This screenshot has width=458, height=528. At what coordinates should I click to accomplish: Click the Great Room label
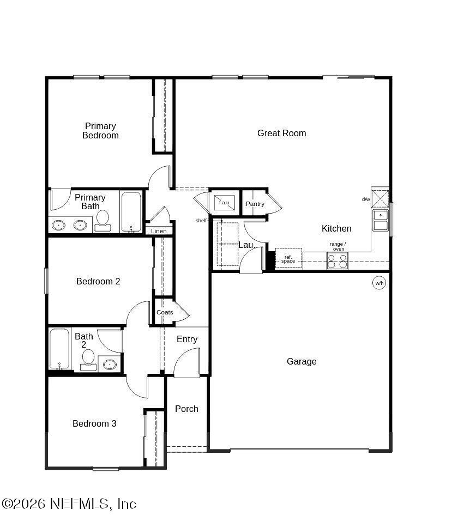(x=281, y=133)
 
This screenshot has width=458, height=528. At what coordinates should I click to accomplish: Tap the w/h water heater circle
(x=379, y=283)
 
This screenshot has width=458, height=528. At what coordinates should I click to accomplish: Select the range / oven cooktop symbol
(x=338, y=262)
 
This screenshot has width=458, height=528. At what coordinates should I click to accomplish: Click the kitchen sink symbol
(x=381, y=220)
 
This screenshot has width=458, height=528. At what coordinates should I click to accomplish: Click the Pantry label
(x=255, y=204)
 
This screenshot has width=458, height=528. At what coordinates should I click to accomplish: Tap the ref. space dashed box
(x=288, y=259)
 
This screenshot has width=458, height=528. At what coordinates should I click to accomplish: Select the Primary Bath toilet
(x=102, y=221)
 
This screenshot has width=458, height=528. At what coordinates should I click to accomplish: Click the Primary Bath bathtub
(x=131, y=212)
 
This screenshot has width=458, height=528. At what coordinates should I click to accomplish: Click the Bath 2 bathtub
(x=59, y=349)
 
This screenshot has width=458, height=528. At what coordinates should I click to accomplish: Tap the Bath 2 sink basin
(x=110, y=364)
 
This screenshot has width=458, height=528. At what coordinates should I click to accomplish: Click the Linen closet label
(x=159, y=231)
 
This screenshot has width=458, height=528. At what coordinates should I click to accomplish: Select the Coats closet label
(x=165, y=312)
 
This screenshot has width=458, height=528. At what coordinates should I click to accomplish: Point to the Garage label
(x=302, y=361)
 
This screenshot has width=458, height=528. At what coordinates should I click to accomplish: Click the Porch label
(x=186, y=409)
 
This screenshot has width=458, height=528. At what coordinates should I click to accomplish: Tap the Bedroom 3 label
(x=94, y=423)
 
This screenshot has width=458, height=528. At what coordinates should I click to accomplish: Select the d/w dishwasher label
(x=366, y=199)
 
